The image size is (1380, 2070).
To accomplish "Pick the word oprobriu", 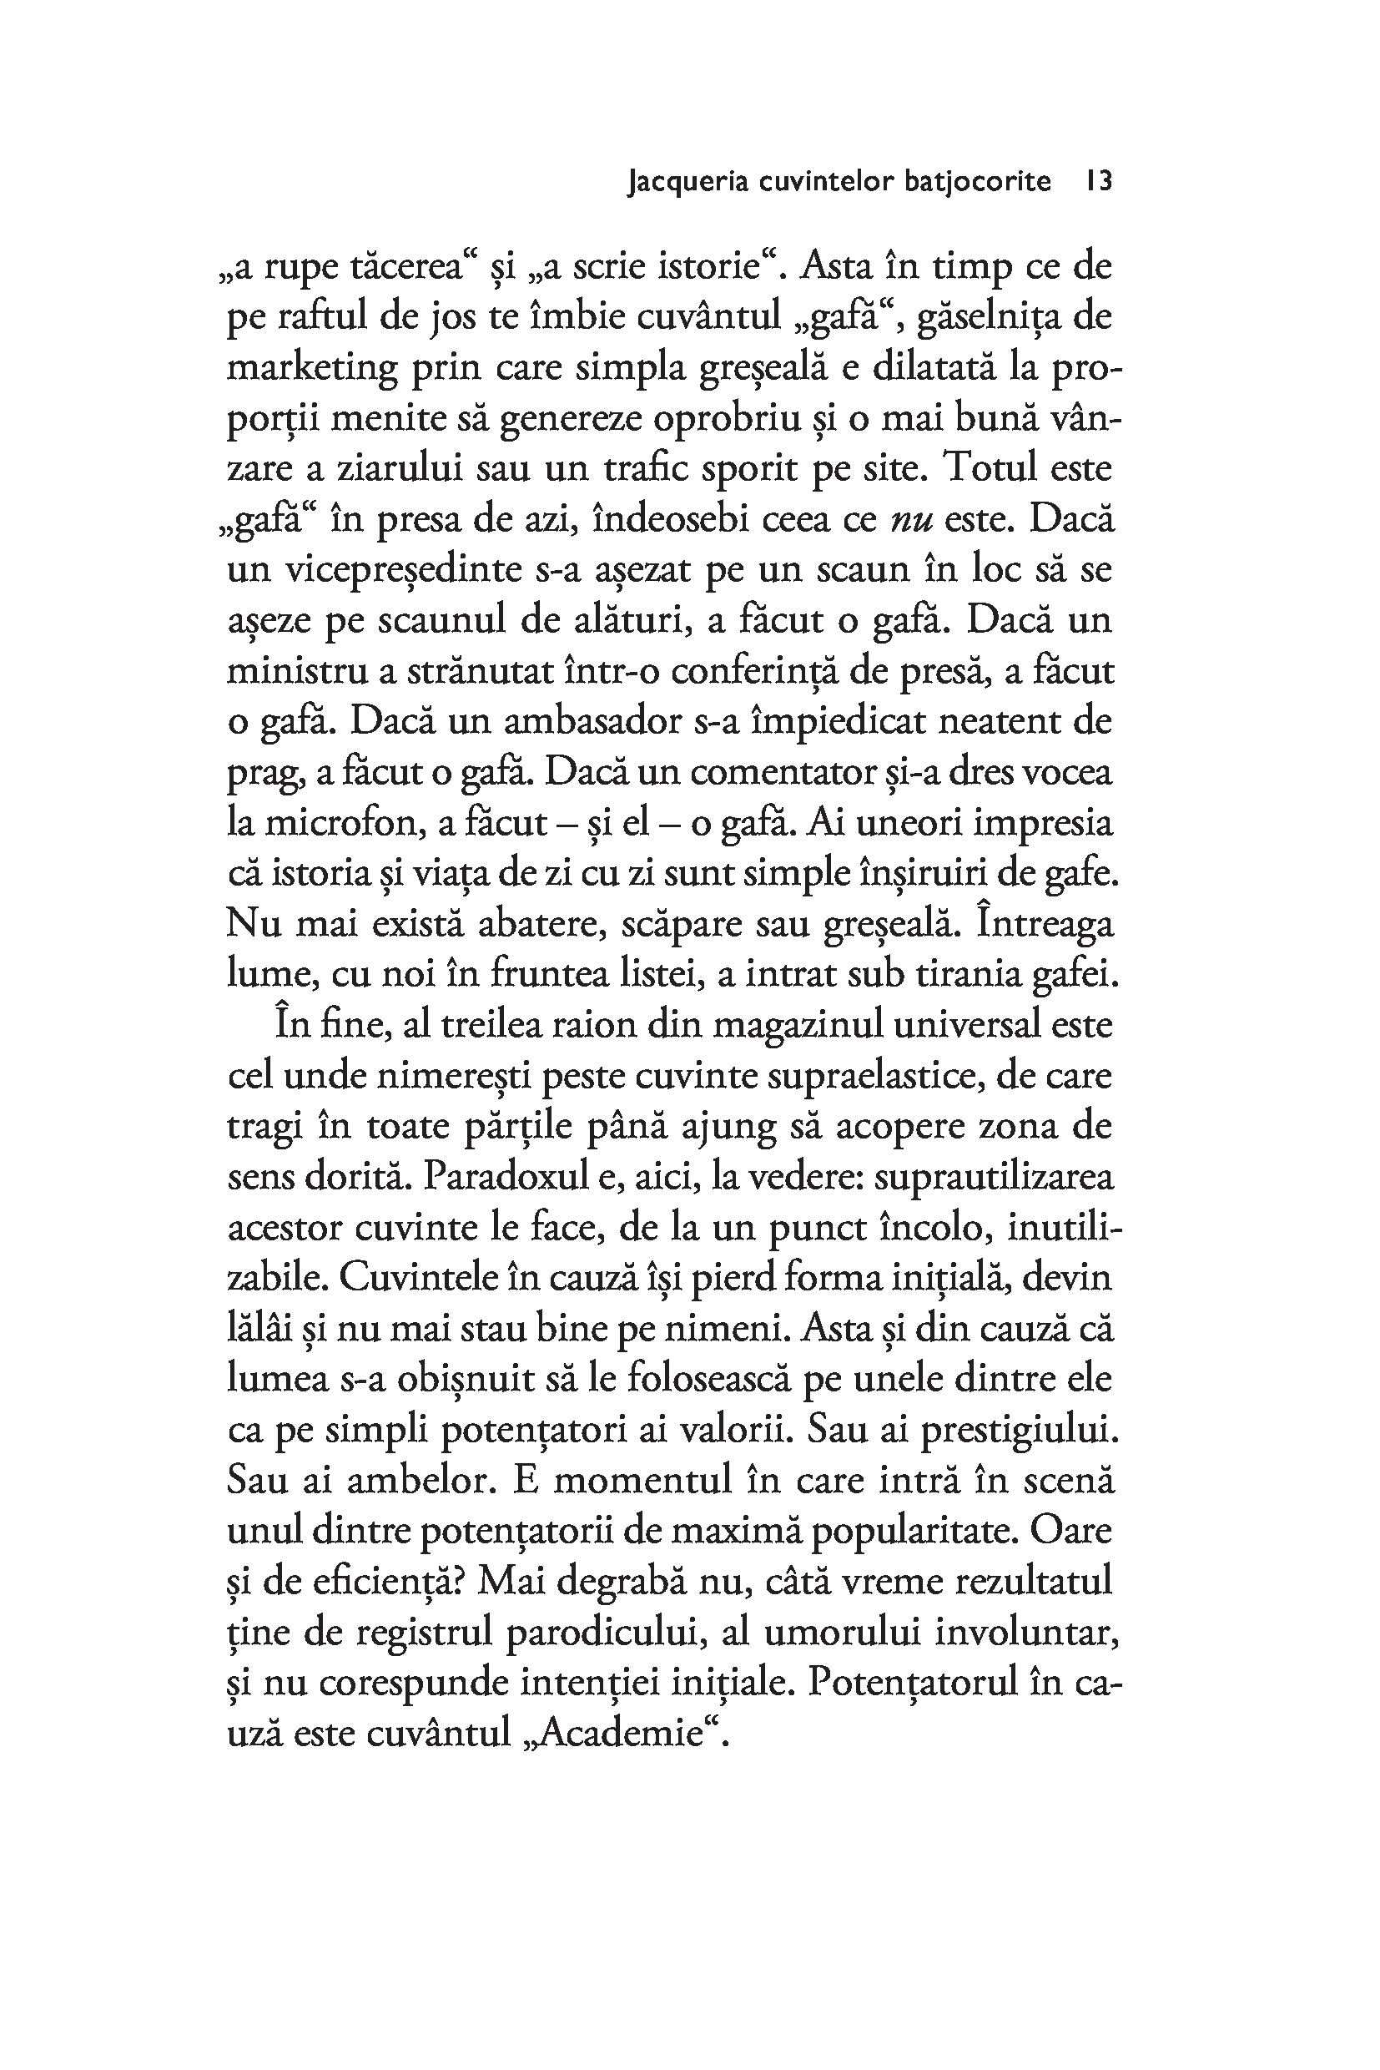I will [x=727, y=418].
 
